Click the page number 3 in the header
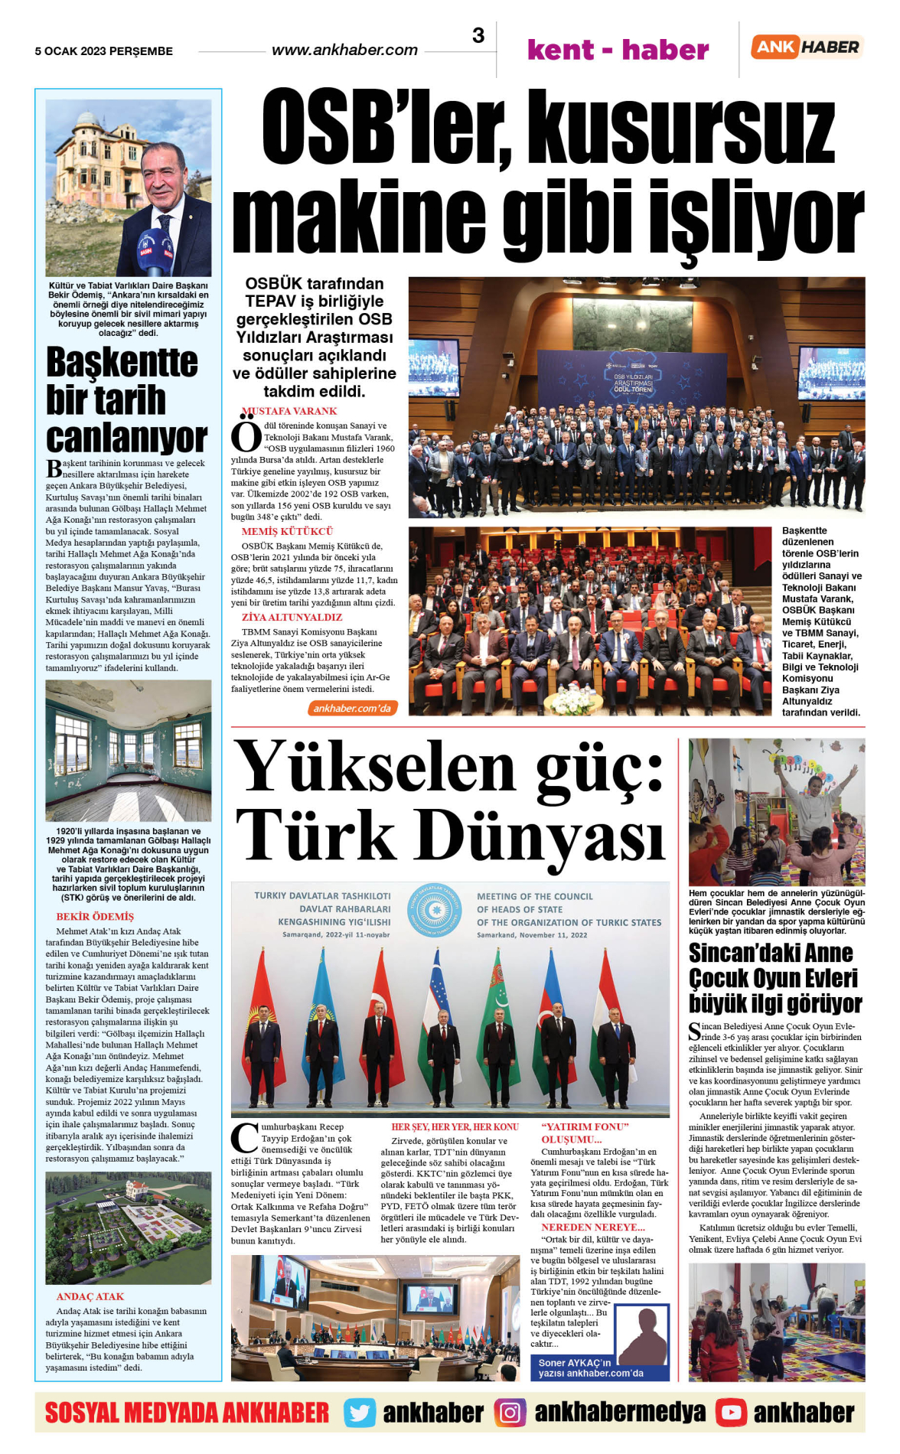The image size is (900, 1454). click(478, 36)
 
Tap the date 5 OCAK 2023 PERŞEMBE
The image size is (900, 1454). click(104, 51)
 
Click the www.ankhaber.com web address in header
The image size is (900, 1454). click(344, 51)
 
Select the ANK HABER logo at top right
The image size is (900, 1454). click(807, 47)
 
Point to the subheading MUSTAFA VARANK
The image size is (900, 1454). click(289, 411)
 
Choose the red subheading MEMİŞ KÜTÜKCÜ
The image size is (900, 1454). click(287, 531)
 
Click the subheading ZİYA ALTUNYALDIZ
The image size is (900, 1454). click(292, 617)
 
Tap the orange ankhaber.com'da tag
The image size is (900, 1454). click(352, 709)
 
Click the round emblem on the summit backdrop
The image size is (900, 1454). click(434, 910)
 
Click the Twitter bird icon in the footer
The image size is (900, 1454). click(359, 1413)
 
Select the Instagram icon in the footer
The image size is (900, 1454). click(510, 1413)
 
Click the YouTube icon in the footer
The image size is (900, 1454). click(731, 1413)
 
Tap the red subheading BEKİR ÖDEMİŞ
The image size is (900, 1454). click(95, 917)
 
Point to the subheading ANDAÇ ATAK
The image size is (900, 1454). click(90, 1296)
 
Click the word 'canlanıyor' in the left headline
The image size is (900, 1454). click(126, 438)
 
